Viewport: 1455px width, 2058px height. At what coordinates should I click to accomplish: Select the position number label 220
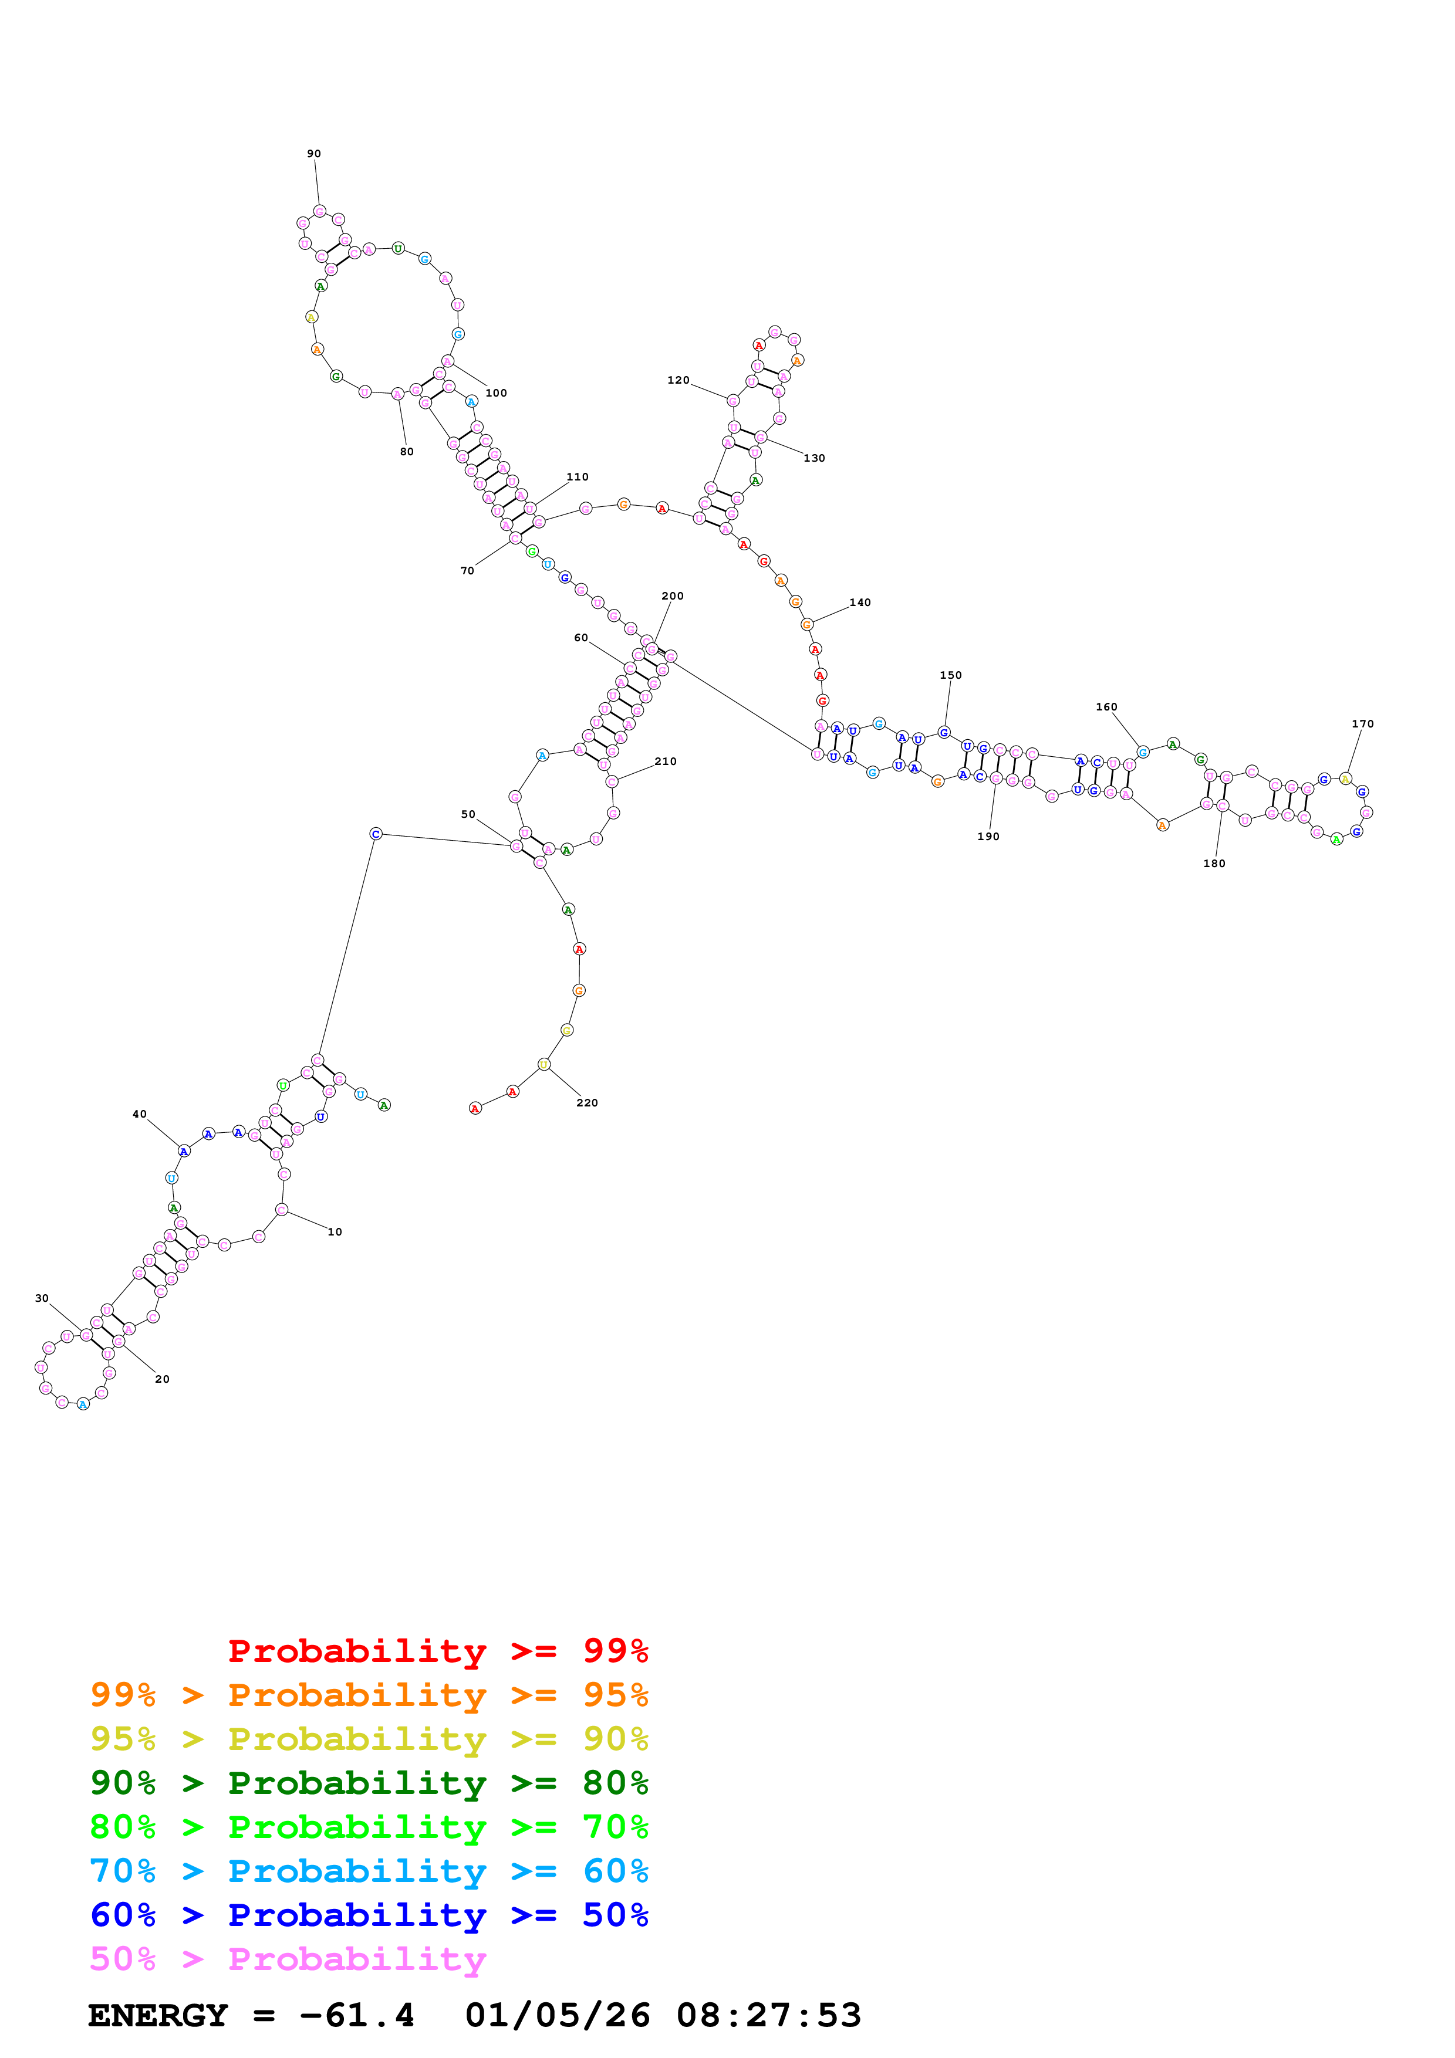[586, 1102]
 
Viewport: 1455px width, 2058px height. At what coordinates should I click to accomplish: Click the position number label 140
[860, 602]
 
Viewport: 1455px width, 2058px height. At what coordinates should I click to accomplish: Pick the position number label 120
[678, 380]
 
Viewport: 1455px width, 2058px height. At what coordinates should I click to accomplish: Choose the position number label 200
[673, 596]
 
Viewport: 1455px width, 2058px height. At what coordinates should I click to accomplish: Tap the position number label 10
[335, 1231]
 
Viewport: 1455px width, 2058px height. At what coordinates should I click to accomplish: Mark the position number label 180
[1214, 863]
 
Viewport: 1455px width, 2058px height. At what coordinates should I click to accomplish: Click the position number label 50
[468, 814]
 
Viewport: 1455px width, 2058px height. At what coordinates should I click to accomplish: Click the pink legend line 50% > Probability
[288, 1958]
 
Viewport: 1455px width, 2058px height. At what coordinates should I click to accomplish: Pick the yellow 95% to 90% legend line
[369, 1738]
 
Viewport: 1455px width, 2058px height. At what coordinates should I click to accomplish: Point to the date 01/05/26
[557, 2015]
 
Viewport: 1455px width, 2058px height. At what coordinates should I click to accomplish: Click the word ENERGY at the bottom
[158, 2015]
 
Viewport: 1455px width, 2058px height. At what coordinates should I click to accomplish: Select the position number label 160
[1106, 706]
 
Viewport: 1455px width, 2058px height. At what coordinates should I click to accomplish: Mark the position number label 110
[578, 477]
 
